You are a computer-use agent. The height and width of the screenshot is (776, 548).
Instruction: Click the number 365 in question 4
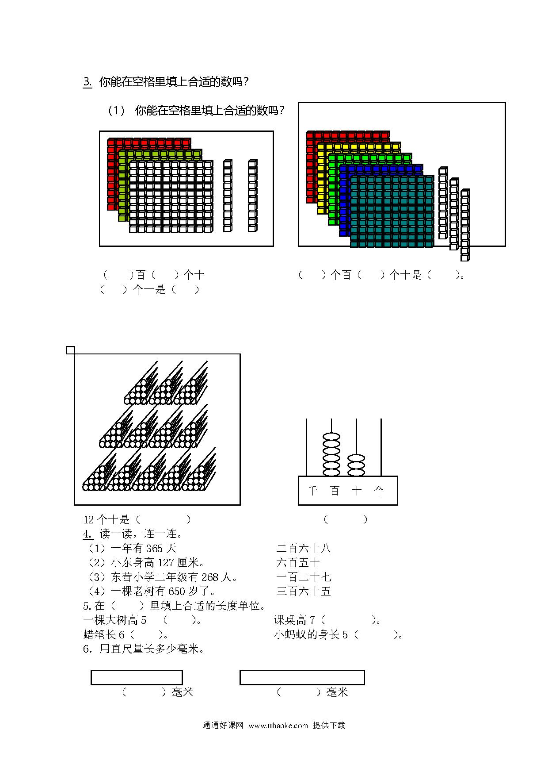click(x=154, y=549)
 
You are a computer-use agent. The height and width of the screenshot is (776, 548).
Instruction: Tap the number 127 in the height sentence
click(x=166, y=563)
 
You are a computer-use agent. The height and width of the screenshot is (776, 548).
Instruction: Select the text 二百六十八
click(x=304, y=549)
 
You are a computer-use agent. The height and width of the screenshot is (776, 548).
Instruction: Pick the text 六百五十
click(x=298, y=563)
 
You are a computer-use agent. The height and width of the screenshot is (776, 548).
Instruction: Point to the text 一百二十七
click(x=304, y=577)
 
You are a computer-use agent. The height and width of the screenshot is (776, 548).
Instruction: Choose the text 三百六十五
click(x=304, y=591)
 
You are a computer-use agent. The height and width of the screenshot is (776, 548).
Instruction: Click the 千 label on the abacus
click(x=312, y=490)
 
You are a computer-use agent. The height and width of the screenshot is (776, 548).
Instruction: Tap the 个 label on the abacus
click(x=379, y=490)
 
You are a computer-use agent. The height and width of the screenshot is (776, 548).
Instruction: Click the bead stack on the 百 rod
click(x=331, y=454)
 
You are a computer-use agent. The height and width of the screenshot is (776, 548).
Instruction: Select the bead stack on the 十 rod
click(x=356, y=465)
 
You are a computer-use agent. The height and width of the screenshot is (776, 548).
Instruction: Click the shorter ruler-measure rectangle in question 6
click(x=137, y=677)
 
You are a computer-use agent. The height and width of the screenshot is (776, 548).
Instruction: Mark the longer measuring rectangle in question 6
click(x=302, y=677)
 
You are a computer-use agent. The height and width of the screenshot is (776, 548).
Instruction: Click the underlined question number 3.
click(x=88, y=82)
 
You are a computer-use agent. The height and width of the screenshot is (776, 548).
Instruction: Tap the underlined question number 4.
click(x=88, y=534)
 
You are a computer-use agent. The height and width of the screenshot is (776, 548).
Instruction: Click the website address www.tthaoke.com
click(x=278, y=726)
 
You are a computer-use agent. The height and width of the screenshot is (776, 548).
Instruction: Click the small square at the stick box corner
click(x=70, y=350)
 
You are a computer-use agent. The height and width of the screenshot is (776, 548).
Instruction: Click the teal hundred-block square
click(x=392, y=211)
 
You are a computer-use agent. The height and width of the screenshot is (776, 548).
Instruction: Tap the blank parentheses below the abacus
click(x=346, y=519)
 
